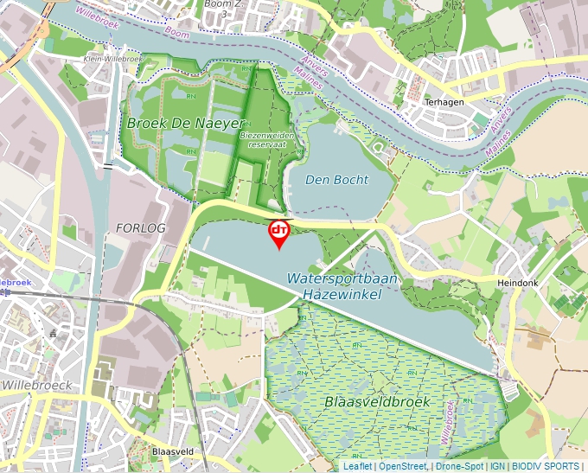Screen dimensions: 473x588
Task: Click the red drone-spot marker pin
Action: click(278, 232)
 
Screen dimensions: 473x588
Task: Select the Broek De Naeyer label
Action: click(185, 124)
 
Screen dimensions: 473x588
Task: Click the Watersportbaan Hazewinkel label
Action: click(343, 286)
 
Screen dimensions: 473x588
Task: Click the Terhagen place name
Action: click(444, 101)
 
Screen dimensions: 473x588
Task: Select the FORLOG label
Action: click(139, 227)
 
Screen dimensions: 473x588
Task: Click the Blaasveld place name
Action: click(171, 451)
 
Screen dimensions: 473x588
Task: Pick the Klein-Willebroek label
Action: click(112, 59)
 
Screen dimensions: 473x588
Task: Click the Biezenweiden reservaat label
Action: click(267, 140)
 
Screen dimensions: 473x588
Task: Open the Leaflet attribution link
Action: click(357, 467)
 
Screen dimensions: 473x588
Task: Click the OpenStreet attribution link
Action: click(403, 467)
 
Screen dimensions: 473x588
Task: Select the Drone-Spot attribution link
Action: click(459, 467)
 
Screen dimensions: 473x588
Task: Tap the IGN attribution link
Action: click(498, 467)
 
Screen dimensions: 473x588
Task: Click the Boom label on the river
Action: click(176, 32)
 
